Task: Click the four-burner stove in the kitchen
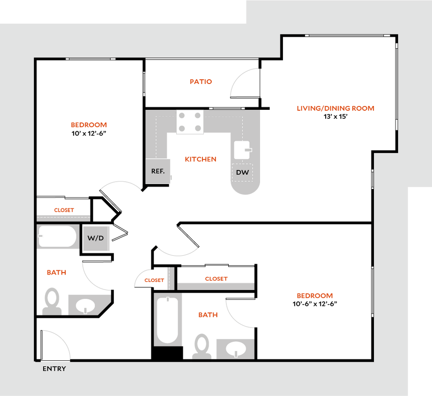[190, 122]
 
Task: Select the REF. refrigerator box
[157, 171]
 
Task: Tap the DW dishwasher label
[242, 173]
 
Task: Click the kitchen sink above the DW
[242, 150]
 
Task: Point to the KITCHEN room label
[201, 160]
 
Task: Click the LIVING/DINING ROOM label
[335, 108]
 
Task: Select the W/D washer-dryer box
[96, 238]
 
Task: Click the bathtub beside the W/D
[58, 237]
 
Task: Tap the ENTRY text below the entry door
[54, 369]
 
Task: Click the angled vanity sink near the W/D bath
[87, 305]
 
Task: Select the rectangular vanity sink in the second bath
[235, 349]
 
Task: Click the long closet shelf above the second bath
[216, 286]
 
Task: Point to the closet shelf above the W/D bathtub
[63, 217]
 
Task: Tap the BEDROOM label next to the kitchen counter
[89, 125]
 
